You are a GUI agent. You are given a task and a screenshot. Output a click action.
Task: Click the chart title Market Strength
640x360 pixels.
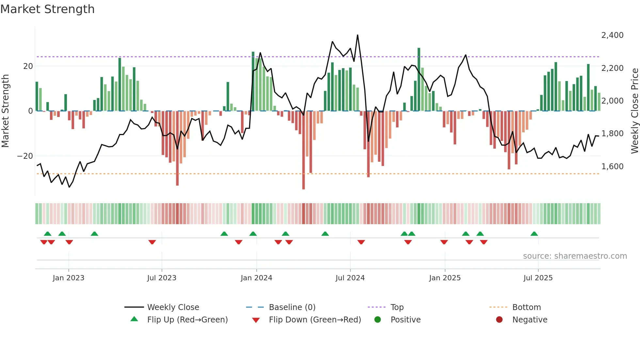click(x=47, y=9)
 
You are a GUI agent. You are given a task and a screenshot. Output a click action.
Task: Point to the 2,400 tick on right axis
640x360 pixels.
click(x=612, y=35)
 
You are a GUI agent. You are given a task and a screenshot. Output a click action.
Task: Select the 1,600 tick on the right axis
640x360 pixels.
click(x=612, y=167)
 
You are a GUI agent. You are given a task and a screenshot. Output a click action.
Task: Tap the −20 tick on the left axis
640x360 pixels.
click(x=25, y=156)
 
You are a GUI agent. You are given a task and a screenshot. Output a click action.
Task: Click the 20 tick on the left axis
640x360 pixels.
click(x=28, y=66)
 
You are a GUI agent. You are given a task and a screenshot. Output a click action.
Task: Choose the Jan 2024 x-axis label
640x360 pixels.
click(x=256, y=278)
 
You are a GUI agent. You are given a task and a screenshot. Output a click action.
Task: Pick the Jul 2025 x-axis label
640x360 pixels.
click(x=538, y=278)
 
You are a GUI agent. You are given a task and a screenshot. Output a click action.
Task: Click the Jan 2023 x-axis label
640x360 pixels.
click(x=69, y=278)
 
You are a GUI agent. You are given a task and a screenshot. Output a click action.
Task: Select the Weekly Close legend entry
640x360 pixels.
click(x=173, y=307)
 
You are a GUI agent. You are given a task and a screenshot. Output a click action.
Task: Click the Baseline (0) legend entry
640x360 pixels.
click(x=292, y=307)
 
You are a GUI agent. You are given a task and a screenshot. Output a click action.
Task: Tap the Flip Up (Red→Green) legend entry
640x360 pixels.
click(x=187, y=320)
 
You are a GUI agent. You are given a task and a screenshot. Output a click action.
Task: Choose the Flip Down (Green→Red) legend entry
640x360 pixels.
click(x=315, y=320)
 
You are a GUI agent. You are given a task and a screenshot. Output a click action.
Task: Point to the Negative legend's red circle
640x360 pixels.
click(x=499, y=320)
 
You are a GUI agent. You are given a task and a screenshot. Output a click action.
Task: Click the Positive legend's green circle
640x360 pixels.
click(x=378, y=320)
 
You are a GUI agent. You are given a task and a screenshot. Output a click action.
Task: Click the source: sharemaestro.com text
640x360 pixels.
click(x=575, y=256)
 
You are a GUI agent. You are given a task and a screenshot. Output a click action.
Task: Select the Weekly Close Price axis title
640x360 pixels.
click(x=634, y=111)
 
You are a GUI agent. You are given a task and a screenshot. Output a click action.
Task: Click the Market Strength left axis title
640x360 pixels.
click(x=5, y=111)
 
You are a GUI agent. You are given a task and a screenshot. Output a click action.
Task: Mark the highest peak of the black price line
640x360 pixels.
click(x=358, y=35)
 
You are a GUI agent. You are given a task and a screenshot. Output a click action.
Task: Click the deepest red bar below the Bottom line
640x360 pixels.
click(x=303, y=186)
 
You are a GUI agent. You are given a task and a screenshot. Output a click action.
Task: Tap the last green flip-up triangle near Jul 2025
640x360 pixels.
click(x=534, y=234)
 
